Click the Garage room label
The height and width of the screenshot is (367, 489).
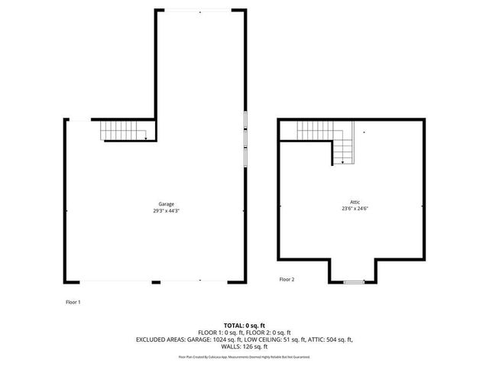point(167,204)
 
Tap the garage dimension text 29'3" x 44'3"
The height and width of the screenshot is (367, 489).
point(167,210)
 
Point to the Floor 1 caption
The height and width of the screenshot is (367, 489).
point(73,302)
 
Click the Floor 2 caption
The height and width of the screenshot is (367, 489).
point(287,279)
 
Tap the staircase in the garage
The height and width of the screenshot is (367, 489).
point(123,132)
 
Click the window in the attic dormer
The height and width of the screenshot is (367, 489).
point(353,282)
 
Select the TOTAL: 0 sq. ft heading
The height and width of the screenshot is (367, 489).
point(244,325)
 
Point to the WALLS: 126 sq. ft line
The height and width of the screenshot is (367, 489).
point(244,346)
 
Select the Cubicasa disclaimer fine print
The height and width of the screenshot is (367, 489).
point(244,356)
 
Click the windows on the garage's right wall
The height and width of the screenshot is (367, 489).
point(246,138)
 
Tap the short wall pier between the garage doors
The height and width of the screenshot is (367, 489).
point(156,282)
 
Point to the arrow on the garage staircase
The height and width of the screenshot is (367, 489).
point(144,138)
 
